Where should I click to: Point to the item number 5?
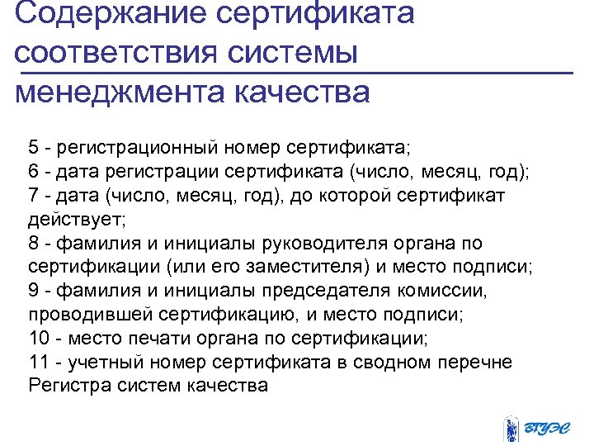pyautogui.click(x=33, y=148)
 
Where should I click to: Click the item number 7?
pyautogui.click(x=33, y=196)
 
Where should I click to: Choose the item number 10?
pyautogui.click(x=38, y=339)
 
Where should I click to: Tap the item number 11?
pyautogui.click(x=38, y=363)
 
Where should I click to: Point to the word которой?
pyautogui.click(x=351, y=196)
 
